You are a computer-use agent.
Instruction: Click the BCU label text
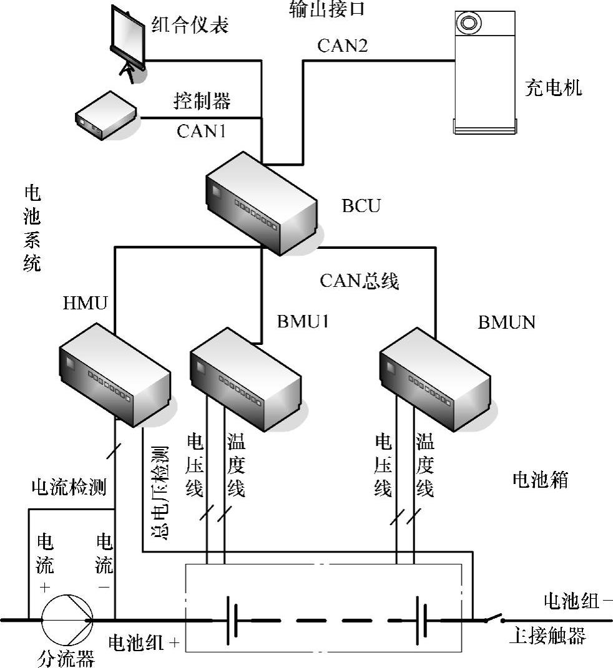(361, 205)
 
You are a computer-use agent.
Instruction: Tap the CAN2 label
(342, 46)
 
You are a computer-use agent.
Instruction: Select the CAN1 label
(201, 131)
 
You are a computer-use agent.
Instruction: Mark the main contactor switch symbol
(496, 619)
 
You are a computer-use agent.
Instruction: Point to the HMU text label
(86, 304)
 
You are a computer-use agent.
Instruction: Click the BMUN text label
(507, 322)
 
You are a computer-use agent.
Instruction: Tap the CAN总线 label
(359, 281)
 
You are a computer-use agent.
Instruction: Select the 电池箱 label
(540, 480)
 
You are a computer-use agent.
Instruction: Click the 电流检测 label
(69, 487)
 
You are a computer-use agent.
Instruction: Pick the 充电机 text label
(553, 87)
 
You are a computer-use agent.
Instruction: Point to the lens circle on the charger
(469, 23)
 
